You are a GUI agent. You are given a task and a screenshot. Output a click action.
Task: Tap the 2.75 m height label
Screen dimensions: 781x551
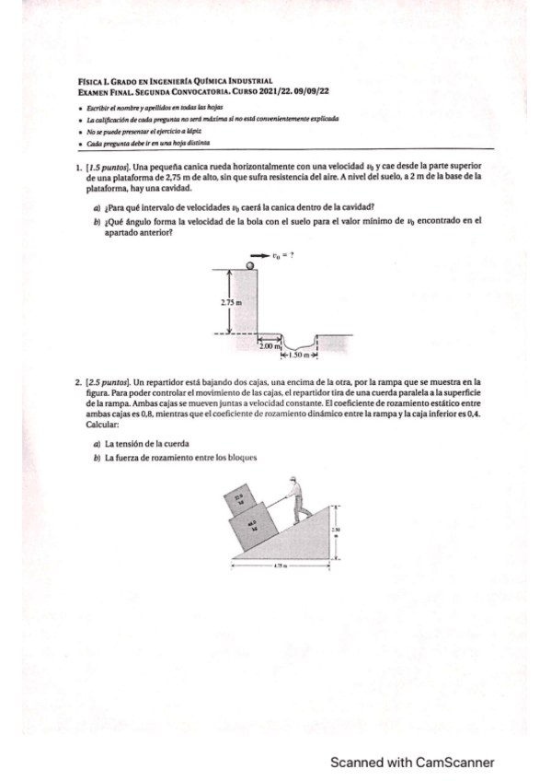[x=231, y=301]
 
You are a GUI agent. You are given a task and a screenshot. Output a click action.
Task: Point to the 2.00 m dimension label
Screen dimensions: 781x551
[x=268, y=344]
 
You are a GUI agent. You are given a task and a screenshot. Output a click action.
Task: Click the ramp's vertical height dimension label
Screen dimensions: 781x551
[x=337, y=530]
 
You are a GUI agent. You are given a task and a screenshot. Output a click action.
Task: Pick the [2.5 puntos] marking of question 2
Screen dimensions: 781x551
[x=108, y=379]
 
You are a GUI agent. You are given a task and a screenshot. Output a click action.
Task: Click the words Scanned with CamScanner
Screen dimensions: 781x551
[x=412, y=762]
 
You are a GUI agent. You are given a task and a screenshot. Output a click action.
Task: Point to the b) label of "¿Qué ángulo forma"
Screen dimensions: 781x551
[x=98, y=221]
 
